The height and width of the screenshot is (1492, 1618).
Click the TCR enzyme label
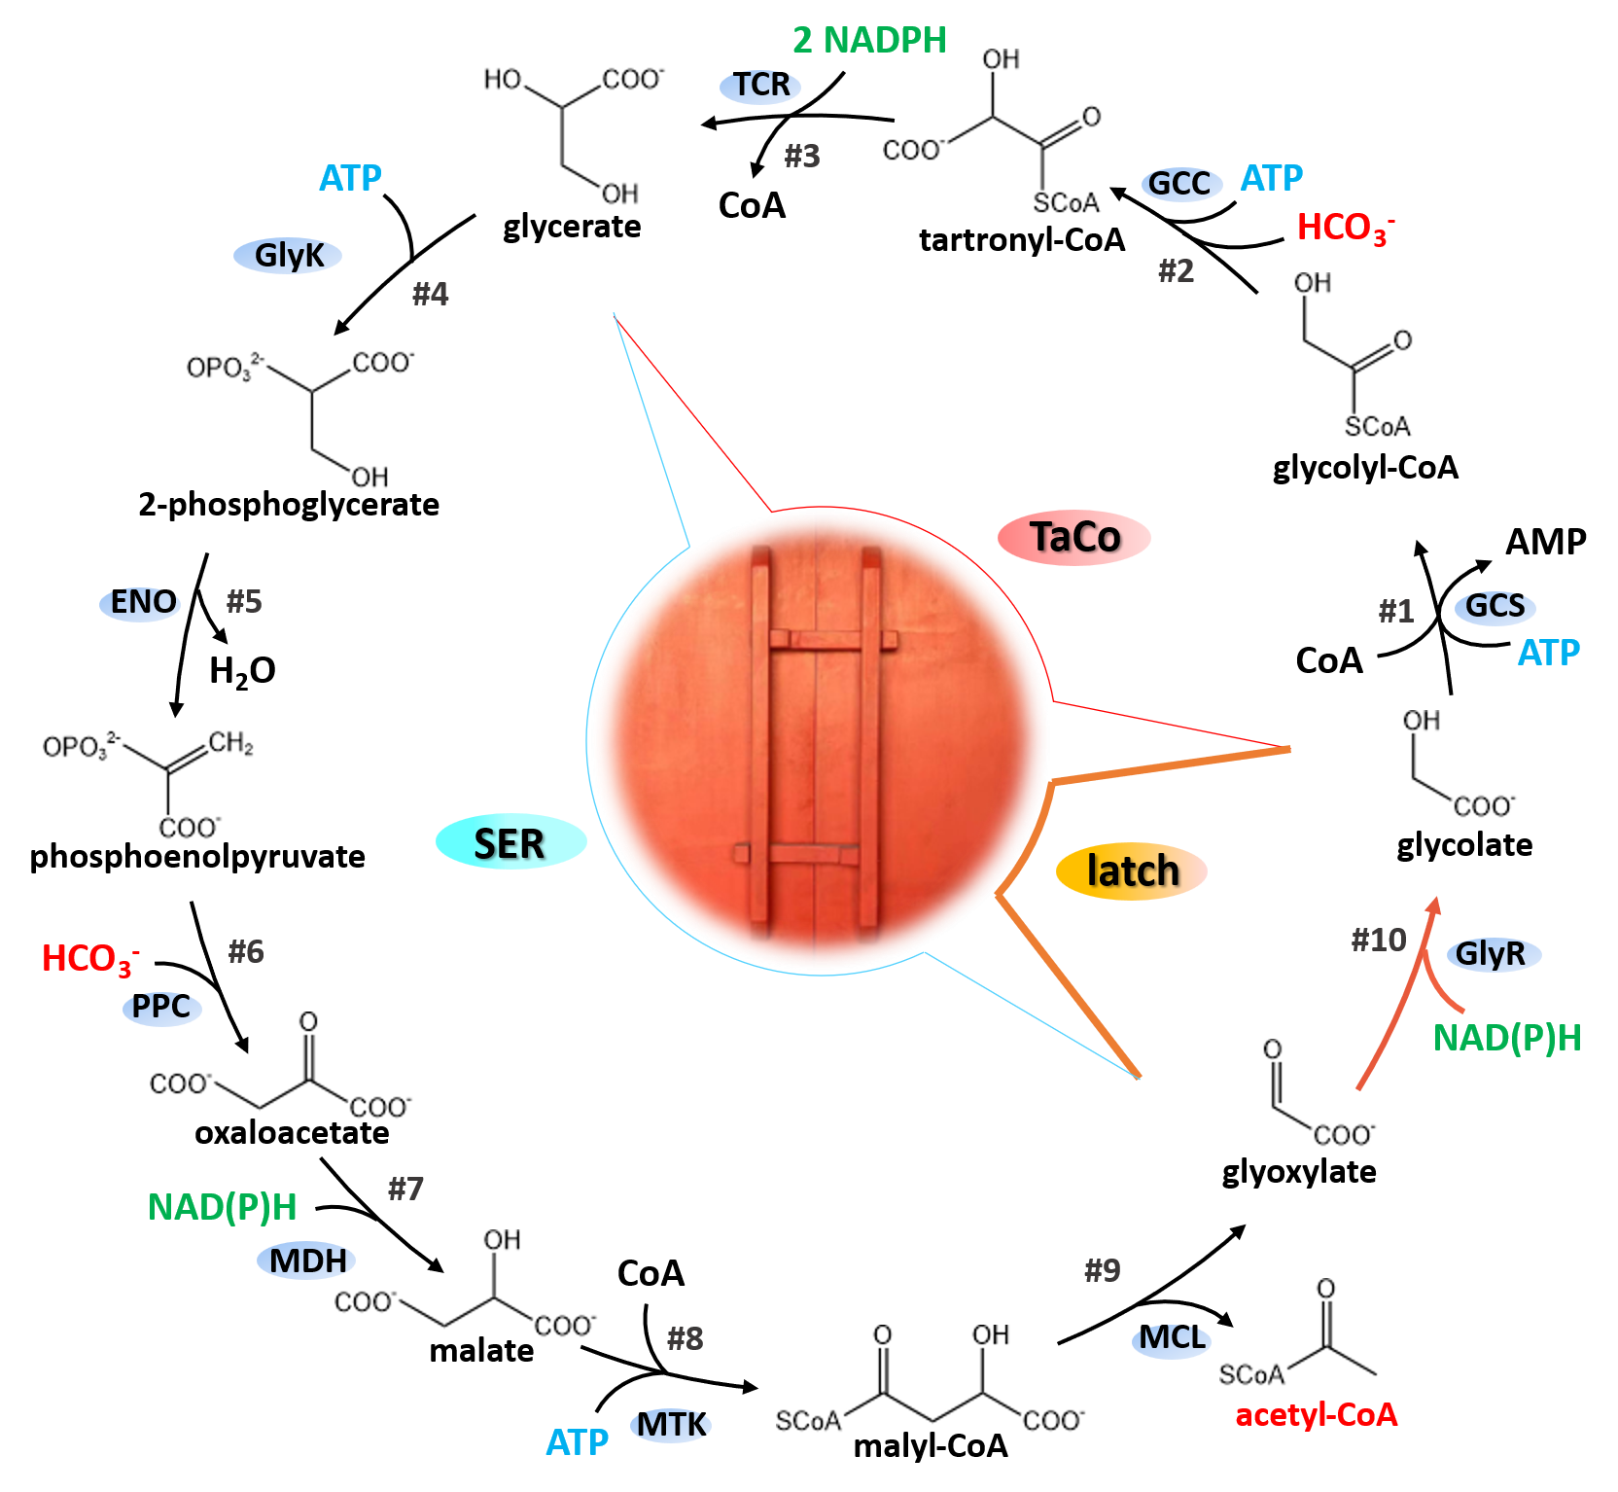tap(760, 87)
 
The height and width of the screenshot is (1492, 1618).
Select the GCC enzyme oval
tap(1181, 183)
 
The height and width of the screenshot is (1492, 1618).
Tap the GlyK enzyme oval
tap(288, 256)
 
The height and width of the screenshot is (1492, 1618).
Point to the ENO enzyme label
tap(141, 603)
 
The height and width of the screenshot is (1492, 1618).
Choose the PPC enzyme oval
tap(161, 1007)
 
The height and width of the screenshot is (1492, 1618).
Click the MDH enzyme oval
tap(306, 1261)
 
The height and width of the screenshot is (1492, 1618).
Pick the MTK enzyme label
tap(671, 1425)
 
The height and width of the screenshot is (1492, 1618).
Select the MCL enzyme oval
tap(1172, 1339)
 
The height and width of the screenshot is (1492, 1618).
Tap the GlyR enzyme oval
tap(1493, 954)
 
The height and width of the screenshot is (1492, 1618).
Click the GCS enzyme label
tap(1495, 607)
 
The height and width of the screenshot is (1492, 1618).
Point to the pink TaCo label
tap(1074, 537)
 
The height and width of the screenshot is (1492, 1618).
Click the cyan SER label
tap(510, 842)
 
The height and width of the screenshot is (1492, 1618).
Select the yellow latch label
tap(1132, 870)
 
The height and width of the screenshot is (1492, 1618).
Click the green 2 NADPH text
tap(869, 41)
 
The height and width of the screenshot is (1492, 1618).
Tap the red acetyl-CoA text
tap(1316, 1414)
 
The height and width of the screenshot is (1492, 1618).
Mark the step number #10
tap(1379, 940)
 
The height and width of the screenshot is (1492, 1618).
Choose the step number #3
tap(802, 156)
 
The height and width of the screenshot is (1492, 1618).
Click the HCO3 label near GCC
tap(1345, 229)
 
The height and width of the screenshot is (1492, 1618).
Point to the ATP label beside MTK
tap(577, 1442)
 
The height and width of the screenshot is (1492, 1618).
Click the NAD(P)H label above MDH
tap(222, 1207)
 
